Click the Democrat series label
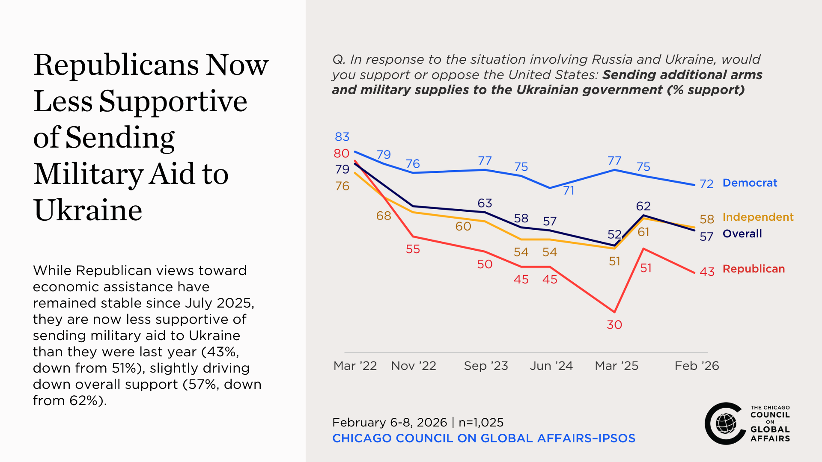(x=750, y=183)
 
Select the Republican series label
(x=753, y=269)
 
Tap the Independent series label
(x=758, y=217)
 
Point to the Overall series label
(x=742, y=234)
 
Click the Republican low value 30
(x=614, y=325)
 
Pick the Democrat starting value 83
(x=342, y=137)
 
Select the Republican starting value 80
(x=342, y=153)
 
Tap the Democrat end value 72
(x=706, y=184)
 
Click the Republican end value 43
(x=707, y=272)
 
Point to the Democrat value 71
(x=569, y=190)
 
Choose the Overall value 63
(x=485, y=203)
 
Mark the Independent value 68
(x=384, y=216)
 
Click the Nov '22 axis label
(x=414, y=366)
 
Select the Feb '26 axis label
(x=697, y=366)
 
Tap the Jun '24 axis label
(x=551, y=366)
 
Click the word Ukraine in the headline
(x=88, y=210)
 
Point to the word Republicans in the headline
(x=116, y=65)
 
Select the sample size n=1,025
(x=481, y=423)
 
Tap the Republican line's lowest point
(x=614, y=312)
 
